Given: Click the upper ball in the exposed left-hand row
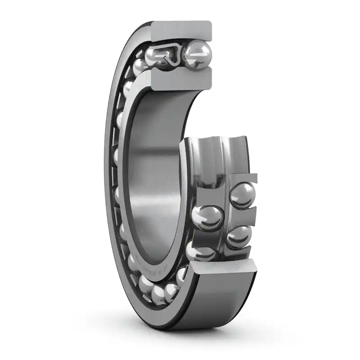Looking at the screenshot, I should coord(207,218).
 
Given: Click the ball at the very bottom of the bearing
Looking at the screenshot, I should coord(158,294).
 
